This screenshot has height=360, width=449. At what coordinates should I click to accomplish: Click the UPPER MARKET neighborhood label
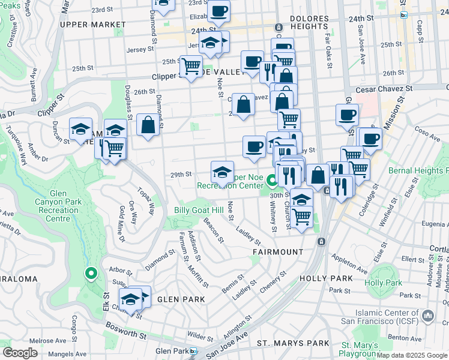(x=93, y=25)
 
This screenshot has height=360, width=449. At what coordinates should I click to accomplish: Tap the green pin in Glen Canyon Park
(x=91, y=274)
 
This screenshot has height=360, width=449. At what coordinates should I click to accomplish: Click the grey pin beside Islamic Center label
(x=428, y=315)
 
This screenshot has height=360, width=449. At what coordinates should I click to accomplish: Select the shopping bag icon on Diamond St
(x=148, y=125)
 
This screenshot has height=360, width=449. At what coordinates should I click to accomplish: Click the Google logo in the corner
(x=20, y=353)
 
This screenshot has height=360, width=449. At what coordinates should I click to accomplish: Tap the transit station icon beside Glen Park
(x=192, y=351)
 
